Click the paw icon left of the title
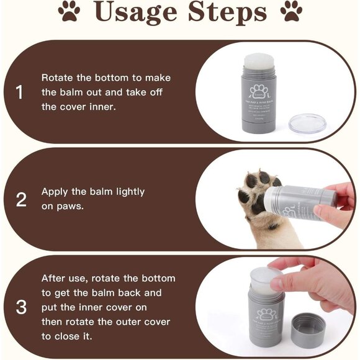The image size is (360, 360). pos(68,12)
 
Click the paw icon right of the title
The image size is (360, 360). pos(290,12)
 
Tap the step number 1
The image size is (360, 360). pos(19,92)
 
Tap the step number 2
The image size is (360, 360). pos(20,200)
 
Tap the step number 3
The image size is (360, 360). pos(20,307)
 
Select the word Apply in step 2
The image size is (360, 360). pos(55,192)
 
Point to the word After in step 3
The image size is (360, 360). pos(55,278)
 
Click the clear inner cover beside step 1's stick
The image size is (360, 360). pos(307,123)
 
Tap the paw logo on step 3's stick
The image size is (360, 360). pos(266,314)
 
